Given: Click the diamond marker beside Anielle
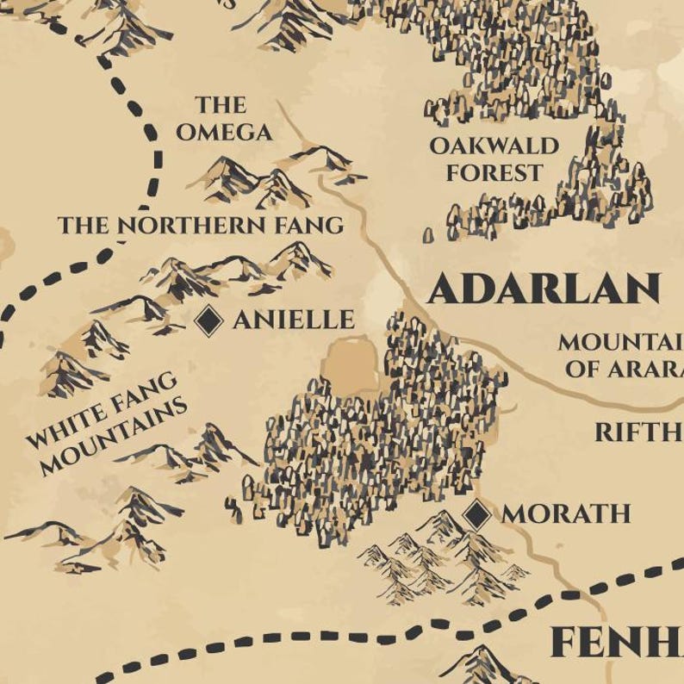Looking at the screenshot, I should coord(208,320).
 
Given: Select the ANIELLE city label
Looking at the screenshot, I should coord(294,320).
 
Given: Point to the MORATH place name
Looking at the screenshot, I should coord(566,514).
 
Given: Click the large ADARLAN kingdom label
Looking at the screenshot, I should coord(544,289).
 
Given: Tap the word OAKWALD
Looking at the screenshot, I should coord(494,146).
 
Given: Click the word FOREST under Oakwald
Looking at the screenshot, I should coord(494,172).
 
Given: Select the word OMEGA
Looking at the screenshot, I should coord(223,132).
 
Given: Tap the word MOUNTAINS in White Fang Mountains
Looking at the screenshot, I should coord(113,437).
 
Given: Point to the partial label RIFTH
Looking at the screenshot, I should coord(638,432).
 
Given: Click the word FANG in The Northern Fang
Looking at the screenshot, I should coord(309,226).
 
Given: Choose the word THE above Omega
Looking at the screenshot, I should coord(221,105).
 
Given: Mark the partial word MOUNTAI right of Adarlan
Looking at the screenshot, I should coord(620,342).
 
